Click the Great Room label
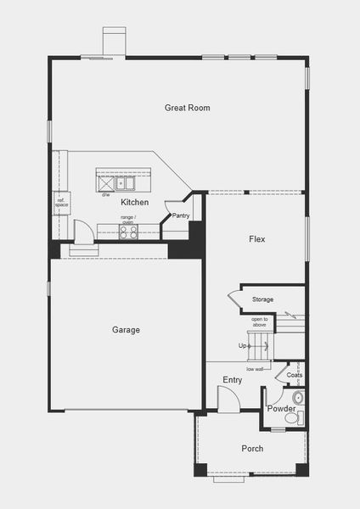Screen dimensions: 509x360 point(187,108)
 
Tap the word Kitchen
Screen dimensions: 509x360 point(134,203)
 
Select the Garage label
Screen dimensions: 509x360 point(126,330)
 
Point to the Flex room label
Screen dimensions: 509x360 point(256,239)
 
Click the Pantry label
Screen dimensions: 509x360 point(180,215)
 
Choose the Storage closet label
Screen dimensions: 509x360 point(262,299)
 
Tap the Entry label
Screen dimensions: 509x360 point(233,380)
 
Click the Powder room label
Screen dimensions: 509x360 point(281,409)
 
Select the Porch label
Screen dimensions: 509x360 point(252,449)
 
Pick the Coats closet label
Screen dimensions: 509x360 point(295,375)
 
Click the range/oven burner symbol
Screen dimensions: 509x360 point(128,232)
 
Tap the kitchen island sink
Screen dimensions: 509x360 point(125,182)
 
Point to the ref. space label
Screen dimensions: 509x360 point(62,204)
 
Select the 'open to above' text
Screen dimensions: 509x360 point(260,322)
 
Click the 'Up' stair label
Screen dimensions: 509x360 point(243,346)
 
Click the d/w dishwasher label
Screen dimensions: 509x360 point(106,194)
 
